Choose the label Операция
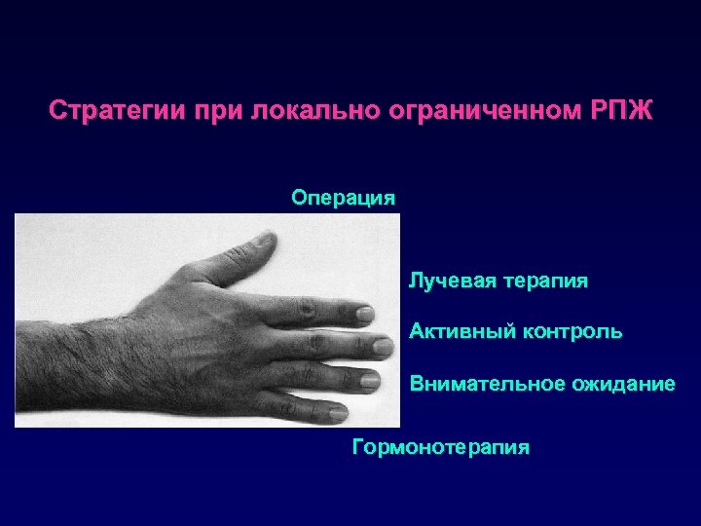(344, 199)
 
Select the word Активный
(456, 332)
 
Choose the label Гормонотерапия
(441, 448)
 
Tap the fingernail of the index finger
(364, 314)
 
